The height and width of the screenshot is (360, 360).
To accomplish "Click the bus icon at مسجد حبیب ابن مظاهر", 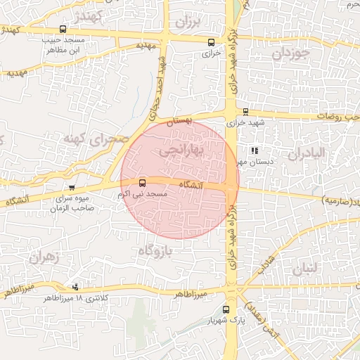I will (63, 30).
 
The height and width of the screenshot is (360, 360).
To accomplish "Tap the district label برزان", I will (188, 20).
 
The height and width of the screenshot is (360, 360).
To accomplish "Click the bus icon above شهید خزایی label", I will (245, 111).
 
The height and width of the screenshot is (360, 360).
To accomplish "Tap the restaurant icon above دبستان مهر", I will (254, 150).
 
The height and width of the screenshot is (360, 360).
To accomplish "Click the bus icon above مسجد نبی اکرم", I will (143, 182).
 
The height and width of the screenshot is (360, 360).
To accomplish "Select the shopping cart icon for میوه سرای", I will (72, 188).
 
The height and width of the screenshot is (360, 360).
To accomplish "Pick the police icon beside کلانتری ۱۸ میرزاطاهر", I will (75, 287).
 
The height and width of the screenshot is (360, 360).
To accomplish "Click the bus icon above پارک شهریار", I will (226, 309).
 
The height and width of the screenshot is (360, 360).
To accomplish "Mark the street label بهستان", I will (179, 122).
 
